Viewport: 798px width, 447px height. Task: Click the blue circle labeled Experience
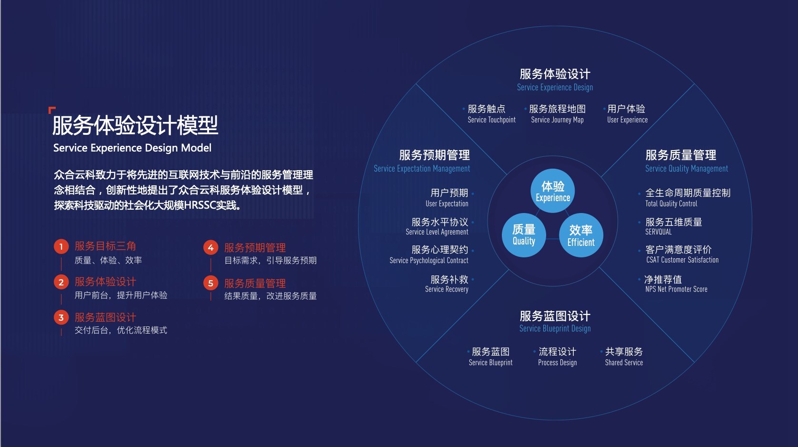552,191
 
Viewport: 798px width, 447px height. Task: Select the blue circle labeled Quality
524,235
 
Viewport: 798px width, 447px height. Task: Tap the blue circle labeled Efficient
581,235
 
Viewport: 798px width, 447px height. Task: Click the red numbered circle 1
61,247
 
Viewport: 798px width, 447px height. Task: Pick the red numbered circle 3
61,317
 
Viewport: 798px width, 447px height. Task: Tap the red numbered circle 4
210,248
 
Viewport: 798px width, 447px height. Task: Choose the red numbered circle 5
210,283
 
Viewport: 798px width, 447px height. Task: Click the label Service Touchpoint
492,120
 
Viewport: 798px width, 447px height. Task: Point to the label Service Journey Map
557,120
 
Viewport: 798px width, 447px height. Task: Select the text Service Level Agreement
437,232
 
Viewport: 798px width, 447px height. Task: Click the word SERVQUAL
658,232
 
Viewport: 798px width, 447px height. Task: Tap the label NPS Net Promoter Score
676,289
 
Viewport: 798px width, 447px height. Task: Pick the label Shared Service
624,363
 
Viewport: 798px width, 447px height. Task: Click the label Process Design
557,363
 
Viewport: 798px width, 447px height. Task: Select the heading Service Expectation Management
422,169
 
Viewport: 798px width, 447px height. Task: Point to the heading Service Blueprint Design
555,329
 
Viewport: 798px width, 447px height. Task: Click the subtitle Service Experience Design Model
132,148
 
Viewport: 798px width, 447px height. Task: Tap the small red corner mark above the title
51,110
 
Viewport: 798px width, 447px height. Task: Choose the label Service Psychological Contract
429,261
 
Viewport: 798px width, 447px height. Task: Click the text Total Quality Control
671,204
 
